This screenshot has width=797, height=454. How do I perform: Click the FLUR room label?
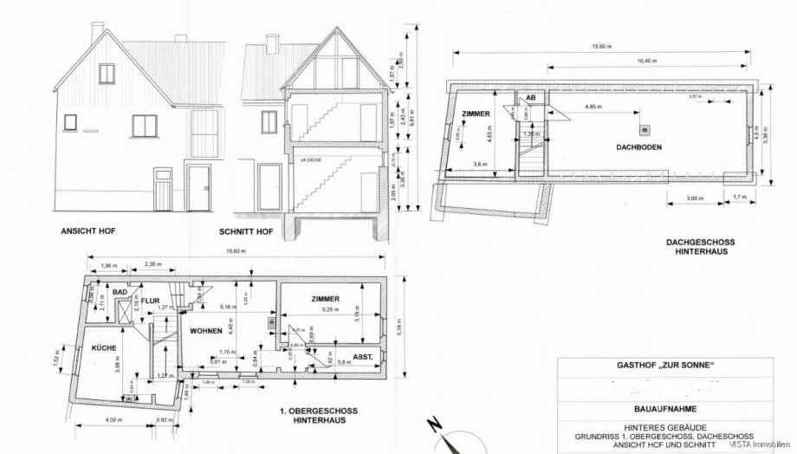coord(152,302)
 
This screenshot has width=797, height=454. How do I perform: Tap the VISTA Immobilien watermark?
coord(764,445)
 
